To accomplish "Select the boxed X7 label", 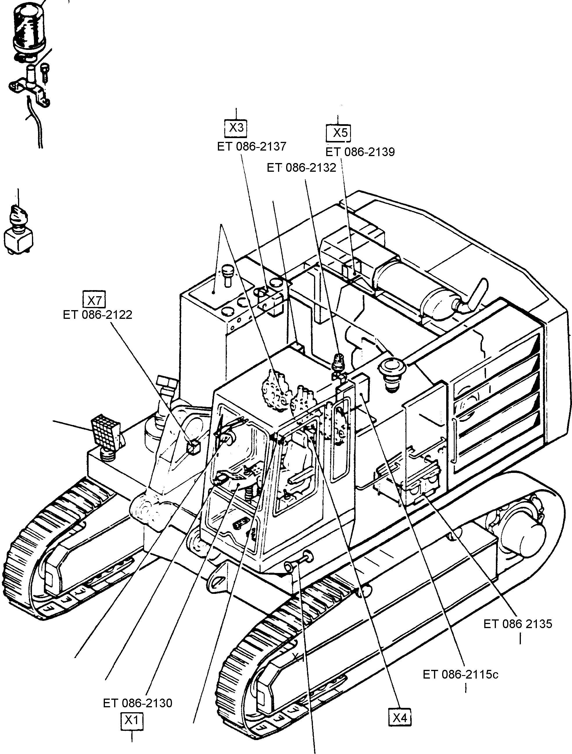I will [x=94, y=300].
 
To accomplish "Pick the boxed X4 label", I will [x=400, y=717].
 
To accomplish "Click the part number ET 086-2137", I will [x=252, y=147].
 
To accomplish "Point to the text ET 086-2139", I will [x=360, y=152].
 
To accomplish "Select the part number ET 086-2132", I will [x=301, y=168].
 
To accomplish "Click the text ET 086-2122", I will [x=98, y=314].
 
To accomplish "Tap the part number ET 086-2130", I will [x=137, y=703].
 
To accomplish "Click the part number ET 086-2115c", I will [x=460, y=675].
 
